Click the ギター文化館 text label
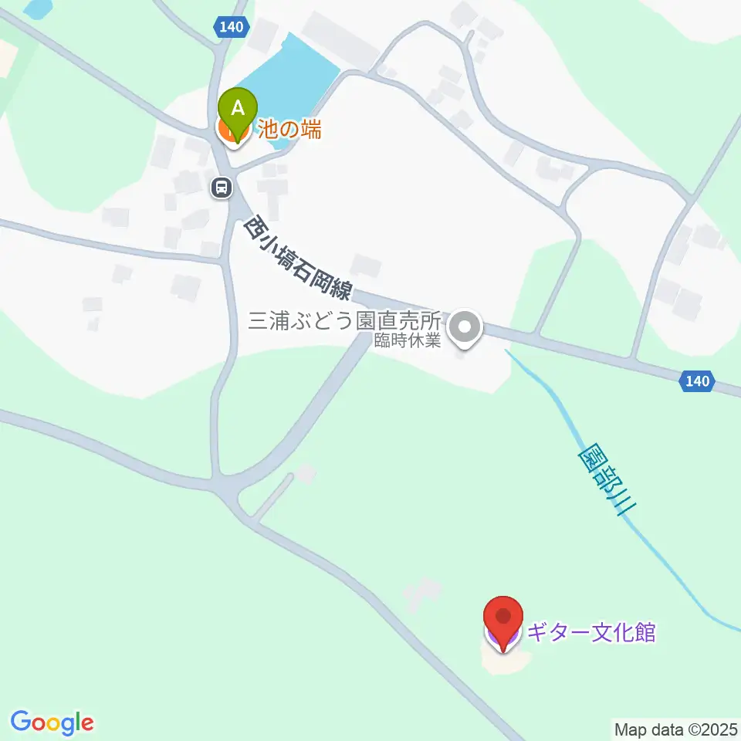click(x=590, y=634)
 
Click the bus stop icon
click(x=222, y=187)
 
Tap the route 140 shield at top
click(x=231, y=27)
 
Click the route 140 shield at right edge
click(x=697, y=381)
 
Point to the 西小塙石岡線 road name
click(x=298, y=258)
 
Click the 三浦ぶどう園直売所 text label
click(x=343, y=320)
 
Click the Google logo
click(x=52, y=722)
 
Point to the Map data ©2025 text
click(x=676, y=729)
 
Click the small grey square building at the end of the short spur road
click(x=306, y=473)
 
